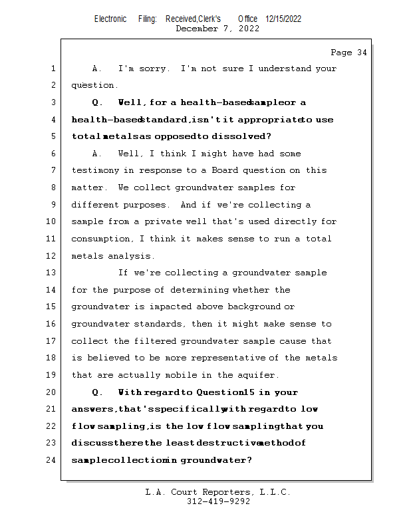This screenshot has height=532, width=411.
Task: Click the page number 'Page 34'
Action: tap(348, 53)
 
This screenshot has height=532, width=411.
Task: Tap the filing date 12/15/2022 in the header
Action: tap(283, 19)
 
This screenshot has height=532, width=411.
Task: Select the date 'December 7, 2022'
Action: tap(217, 29)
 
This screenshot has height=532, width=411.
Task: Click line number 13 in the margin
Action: tap(52, 273)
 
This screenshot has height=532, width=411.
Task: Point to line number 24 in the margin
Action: tap(52, 460)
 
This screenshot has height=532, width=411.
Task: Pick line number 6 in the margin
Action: tap(53, 154)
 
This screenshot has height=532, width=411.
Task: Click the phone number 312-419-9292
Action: tap(219, 501)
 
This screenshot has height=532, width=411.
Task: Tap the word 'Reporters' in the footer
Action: tap(225, 492)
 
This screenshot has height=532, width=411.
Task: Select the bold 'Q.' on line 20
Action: tap(98, 392)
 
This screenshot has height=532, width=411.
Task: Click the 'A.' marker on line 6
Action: tap(97, 154)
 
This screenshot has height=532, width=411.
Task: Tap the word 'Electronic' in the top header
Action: tap(110, 19)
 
